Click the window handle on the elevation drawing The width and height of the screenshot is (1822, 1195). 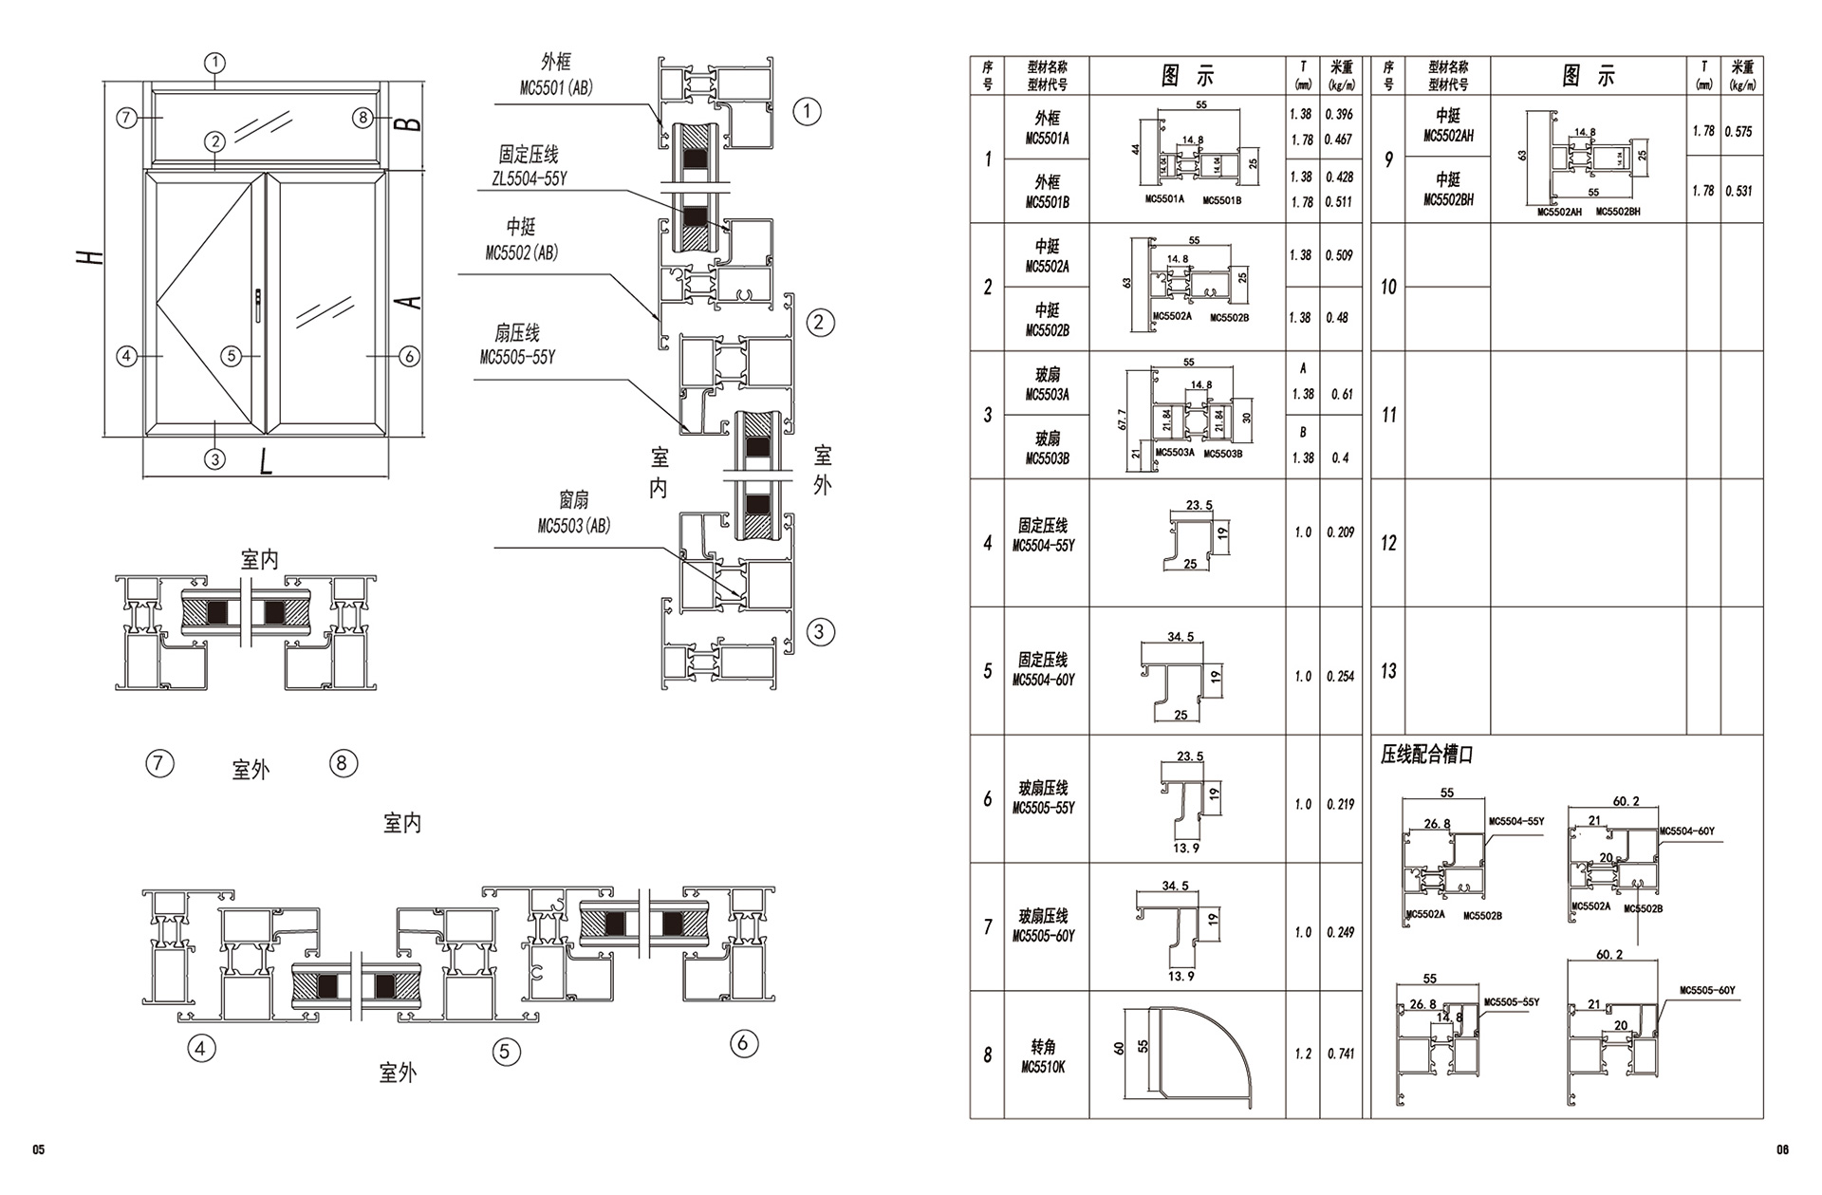pyautogui.click(x=259, y=302)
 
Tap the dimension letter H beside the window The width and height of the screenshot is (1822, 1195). pyautogui.click(x=89, y=257)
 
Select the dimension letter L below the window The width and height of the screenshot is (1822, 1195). pyautogui.click(x=267, y=461)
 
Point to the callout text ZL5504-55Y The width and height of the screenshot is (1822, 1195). pyautogui.click(x=530, y=178)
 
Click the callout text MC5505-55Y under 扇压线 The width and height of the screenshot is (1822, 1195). pyautogui.click(x=517, y=358)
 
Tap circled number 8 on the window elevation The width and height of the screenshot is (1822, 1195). pyautogui.click(x=362, y=118)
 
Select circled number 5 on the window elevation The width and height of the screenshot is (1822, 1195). pyautogui.click(x=232, y=356)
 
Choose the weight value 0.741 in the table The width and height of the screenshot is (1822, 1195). pyautogui.click(x=1341, y=1054)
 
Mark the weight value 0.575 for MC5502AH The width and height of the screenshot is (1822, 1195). pyautogui.click(x=1738, y=132)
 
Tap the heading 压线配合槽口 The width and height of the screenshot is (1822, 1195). pyautogui.click(x=1426, y=756)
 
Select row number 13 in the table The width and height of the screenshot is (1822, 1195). pyautogui.click(x=1388, y=671)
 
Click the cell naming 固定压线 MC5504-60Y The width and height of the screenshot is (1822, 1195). pyautogui.click(x=1044, y=670)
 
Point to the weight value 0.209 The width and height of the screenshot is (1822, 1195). pyautogui.click(x=1341, y=532)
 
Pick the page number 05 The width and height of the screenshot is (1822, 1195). pyautogui.click(x=39, y=1150)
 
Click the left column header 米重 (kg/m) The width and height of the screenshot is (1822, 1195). pyautogui.click(x=1341, y=75)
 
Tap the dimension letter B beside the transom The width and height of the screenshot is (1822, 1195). pyautogui.click(x=407, y=124)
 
